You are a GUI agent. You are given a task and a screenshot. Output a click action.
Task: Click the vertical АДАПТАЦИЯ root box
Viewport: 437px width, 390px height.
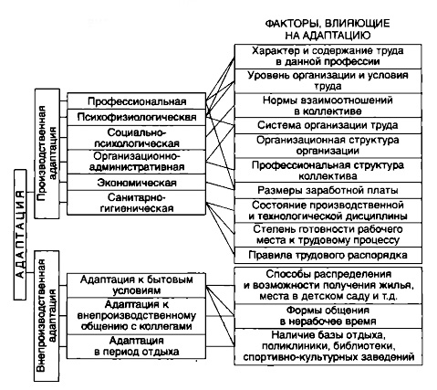click(x=20, y=235)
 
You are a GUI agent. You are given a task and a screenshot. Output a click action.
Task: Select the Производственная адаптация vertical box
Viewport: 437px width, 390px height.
click(x=47, y=153)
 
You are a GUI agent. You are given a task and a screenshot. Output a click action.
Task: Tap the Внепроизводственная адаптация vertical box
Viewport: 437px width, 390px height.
click(x=47, y=316)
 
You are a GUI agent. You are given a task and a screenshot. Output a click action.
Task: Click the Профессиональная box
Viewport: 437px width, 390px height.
click(x=136, y=101)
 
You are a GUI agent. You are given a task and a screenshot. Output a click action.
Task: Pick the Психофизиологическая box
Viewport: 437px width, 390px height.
click(x=136, y=117)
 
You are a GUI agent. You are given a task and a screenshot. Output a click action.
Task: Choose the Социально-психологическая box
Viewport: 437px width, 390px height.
click(x=136, y=138)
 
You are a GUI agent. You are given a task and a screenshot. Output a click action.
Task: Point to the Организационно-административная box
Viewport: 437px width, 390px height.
click(x=136, y=162)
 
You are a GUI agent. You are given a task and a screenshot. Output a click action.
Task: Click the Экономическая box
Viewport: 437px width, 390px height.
click(x=136, y=183)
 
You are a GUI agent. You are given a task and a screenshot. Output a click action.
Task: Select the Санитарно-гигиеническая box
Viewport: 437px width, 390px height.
click(x=136, y=203)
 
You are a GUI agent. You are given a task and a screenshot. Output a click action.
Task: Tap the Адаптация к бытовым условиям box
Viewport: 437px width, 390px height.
click(x=136, y=285)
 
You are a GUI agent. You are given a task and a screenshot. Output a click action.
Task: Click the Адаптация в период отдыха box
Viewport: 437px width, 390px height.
click(x=136, y=346)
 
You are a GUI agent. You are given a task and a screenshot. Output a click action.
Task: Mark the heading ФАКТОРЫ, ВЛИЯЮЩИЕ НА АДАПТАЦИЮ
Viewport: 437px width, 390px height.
click(x=328, y=29)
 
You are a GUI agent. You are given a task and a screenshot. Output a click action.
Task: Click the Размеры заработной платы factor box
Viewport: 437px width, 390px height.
click(x=328, y=191)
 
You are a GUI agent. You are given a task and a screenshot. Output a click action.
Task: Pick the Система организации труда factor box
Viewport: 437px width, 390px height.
click(x=328, y=125)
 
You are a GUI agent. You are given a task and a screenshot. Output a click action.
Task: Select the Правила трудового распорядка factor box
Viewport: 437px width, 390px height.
click(x=328, y=255)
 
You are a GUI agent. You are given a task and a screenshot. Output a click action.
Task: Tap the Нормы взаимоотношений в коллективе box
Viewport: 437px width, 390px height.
click(x=328, y=105)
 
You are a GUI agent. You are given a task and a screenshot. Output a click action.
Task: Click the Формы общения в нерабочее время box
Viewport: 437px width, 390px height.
click(x=328, y=316)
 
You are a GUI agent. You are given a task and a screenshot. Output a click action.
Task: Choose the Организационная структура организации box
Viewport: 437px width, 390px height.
click(x=328, y=145)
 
